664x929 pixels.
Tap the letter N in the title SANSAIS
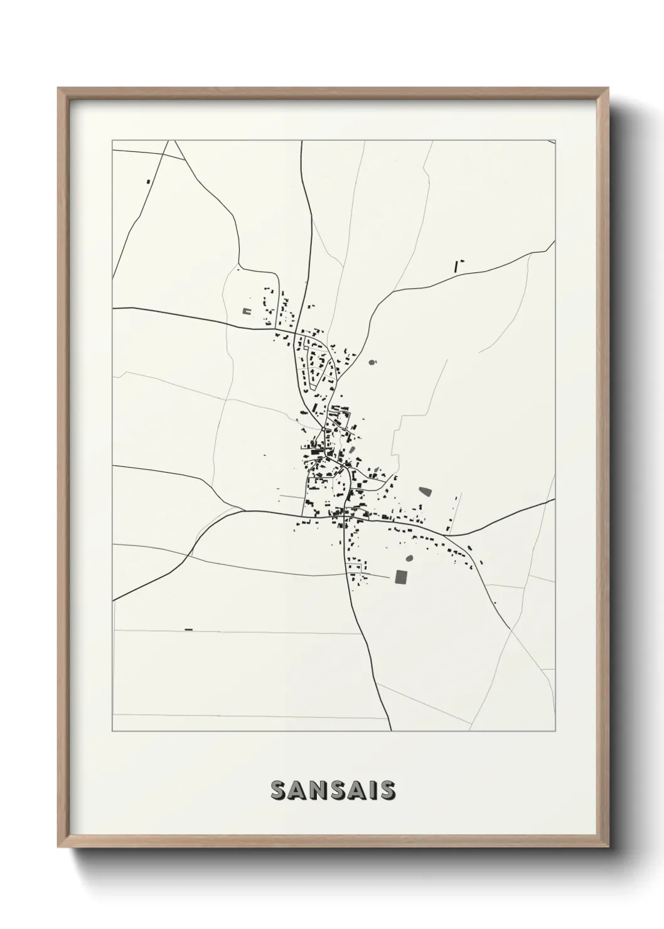pyautogui.click(x=315, y=790)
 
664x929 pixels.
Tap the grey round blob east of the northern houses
pyautogui.click(x=372, y=363)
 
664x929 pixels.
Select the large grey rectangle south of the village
pyautogui.click(x=400, y=576)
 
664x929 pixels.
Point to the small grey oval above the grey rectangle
pyautogui.click(x=410, y=557)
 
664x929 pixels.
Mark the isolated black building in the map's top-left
pyautogui.click(x=148, y=182)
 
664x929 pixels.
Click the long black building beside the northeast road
pyautogui.click(x=457, y=266)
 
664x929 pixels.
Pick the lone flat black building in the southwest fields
pyautogui.click(x=188, y=630)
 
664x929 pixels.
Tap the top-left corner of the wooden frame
pyautogui.click(x=58, y=88)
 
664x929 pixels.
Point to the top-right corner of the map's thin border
pyautogui.click(x=556, y=140)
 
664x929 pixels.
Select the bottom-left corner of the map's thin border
pyautogui.click(x=112, y=731)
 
